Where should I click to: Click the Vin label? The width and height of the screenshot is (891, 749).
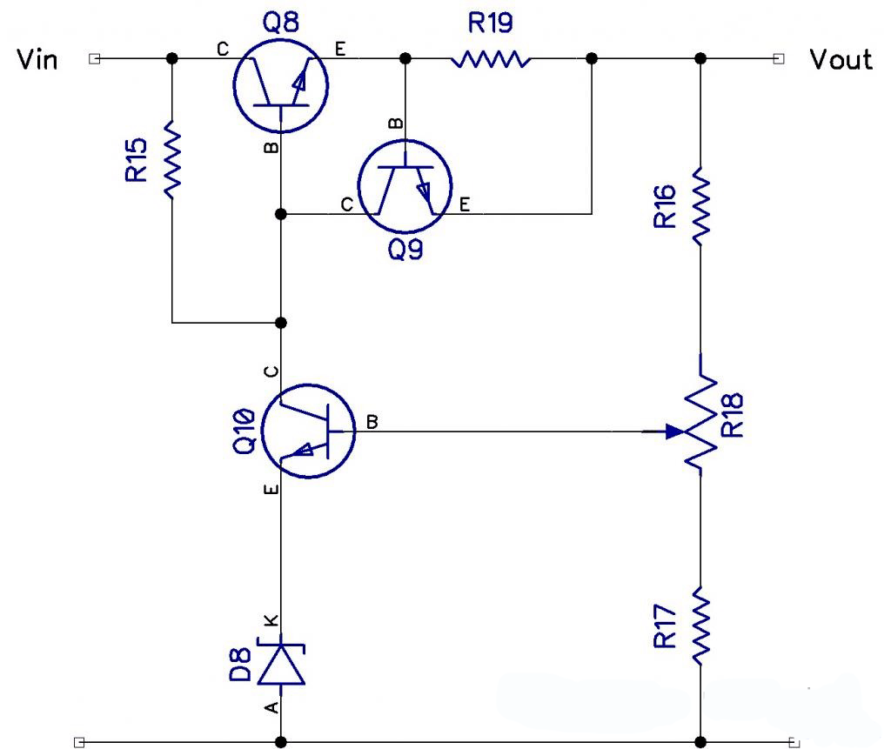(x=37, y=60)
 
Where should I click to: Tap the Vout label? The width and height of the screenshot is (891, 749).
(x=841, y=60)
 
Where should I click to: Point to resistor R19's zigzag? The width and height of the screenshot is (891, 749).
(x=491, y=59)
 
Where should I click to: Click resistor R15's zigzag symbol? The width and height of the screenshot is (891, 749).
(x=172, y=158)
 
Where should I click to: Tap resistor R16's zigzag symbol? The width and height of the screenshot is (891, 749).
(x=700, y=205)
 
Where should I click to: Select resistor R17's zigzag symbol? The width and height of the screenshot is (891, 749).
(x=700, y=625)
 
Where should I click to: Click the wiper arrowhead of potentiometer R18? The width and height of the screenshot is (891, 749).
(x=675, y=431)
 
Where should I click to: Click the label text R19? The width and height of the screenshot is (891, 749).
(x=490, y=23)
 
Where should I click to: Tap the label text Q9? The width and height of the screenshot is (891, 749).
(x=405, y=249)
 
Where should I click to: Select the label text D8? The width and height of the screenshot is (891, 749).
(x=240, y=665)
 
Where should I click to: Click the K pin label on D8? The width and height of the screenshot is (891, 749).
(x=272, y=620)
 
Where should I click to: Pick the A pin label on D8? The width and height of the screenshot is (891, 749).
(x=272, y=707)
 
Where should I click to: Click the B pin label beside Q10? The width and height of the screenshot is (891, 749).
(x=372, y=422)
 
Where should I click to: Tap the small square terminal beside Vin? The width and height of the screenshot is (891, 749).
(x=95, y=58)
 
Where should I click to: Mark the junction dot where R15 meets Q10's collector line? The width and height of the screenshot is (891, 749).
(x=281, y=323)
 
